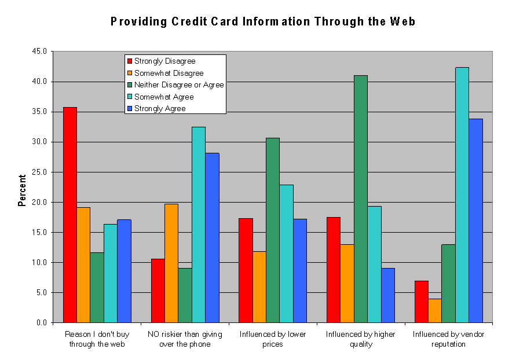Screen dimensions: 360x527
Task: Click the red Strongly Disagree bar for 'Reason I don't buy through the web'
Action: tap(69, 215)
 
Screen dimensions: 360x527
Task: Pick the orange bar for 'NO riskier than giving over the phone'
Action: tap(171, 263)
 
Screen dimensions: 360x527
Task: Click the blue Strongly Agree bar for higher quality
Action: tap(388, 295)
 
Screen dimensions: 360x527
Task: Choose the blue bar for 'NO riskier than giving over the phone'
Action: tap(212, 237)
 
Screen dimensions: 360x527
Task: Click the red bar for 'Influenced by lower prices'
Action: tap(246, 270)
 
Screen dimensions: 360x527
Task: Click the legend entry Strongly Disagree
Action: tap(164, 61)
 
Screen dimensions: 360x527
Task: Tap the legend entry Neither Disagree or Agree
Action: tap(178, 85)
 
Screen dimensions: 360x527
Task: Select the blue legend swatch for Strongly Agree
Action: tap(130, 109)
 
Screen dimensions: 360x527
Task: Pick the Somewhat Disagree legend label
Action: tap(169, 74)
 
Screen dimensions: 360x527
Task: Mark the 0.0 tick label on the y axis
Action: tap(41, 322)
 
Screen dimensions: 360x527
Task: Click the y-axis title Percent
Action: tap(22, 190)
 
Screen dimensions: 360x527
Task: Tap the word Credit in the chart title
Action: tap(193, 22)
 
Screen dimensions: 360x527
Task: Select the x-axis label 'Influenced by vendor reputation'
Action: tap(448, 339)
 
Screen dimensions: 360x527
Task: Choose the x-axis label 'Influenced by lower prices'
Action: tap(273, 339)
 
